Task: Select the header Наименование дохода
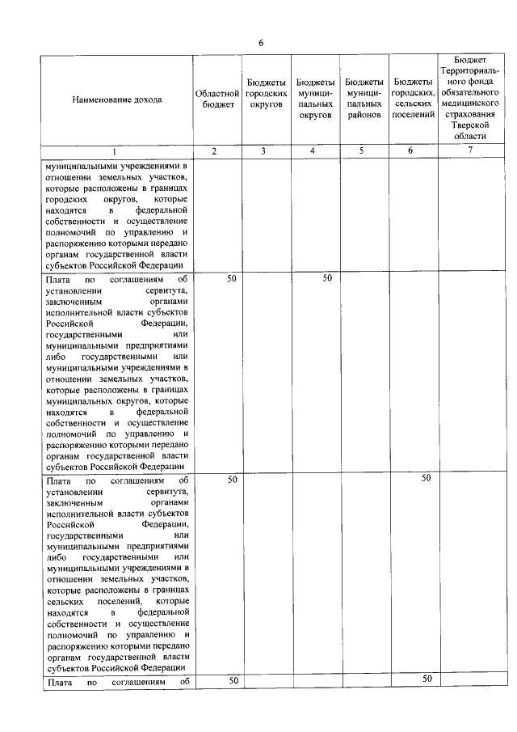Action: point(116,99)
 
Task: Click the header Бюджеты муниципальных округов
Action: point(315,99)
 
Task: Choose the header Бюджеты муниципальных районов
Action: point(364,99)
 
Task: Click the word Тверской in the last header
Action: point(470,127)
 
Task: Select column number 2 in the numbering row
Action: point(214,151)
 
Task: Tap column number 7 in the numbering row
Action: point(470,151)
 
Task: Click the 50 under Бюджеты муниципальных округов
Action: point(327,278)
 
